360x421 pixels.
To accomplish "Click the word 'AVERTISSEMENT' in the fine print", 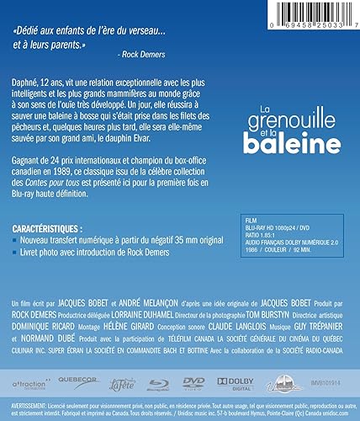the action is pos(30,403).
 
